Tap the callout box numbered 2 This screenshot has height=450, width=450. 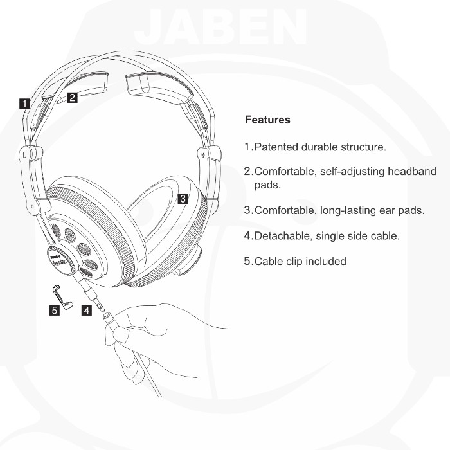pos(72,98)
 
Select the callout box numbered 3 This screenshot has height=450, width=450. pos(183,199)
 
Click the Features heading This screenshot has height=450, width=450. pos(267,120)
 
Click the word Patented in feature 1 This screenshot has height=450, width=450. pos(278,147)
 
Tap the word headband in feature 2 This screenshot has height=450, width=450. pos(411,172)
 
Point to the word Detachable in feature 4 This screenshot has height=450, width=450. pos(282,236)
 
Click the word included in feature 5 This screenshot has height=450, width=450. pos(325,262)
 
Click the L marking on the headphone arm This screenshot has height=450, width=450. pos(24,154)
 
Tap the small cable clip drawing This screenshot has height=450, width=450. pos(62,296)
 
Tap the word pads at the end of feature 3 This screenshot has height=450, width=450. pos(411,210)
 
